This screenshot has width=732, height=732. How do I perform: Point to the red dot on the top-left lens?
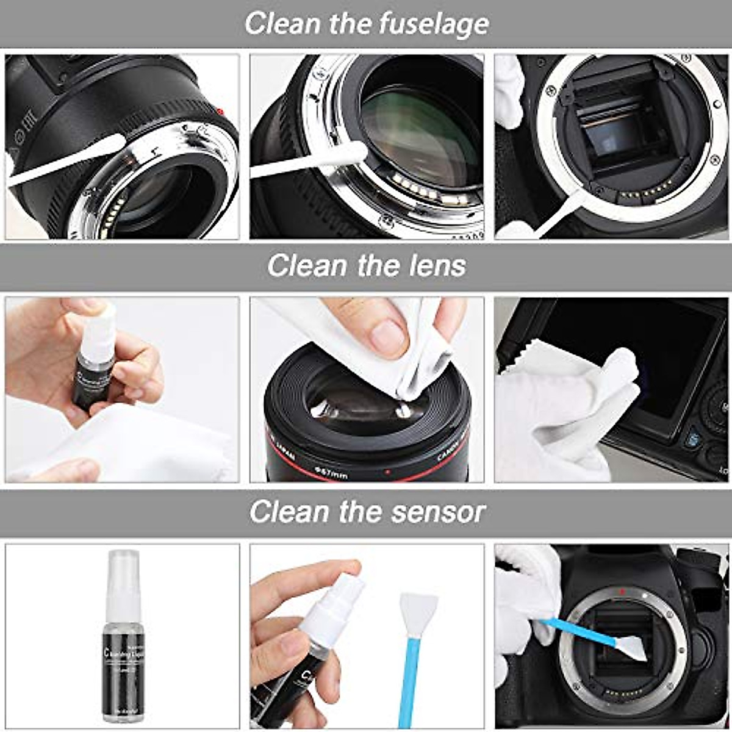point(220,111)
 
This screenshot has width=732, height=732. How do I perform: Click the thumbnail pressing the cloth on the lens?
point(387,337)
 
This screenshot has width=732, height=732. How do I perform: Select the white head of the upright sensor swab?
point(418,613)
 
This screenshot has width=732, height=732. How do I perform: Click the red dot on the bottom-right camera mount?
point(621,590)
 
